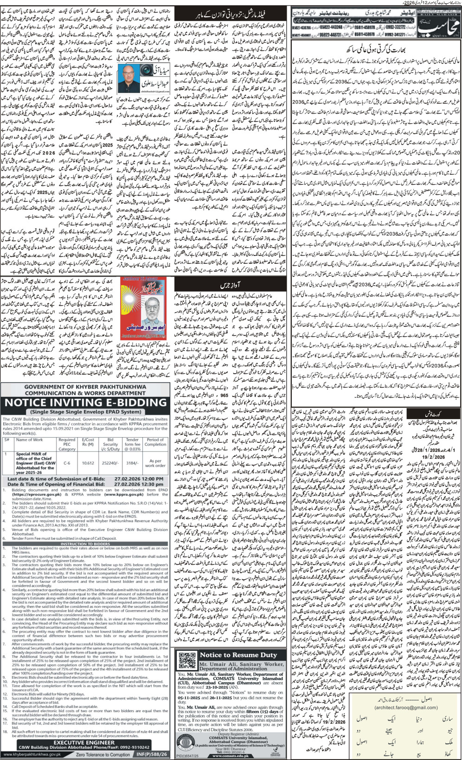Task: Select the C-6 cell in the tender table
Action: point(67,463)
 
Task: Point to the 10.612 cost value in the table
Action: point(88,463)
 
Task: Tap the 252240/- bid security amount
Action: point(110,463)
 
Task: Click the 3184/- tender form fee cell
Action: point(132,463)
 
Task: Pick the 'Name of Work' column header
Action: point(29,440)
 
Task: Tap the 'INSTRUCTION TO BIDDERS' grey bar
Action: point(85,543)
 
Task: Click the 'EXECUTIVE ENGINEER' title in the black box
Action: point(85,742)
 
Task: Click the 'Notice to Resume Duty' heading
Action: point(238,655)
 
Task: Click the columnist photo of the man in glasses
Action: point(129,79)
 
